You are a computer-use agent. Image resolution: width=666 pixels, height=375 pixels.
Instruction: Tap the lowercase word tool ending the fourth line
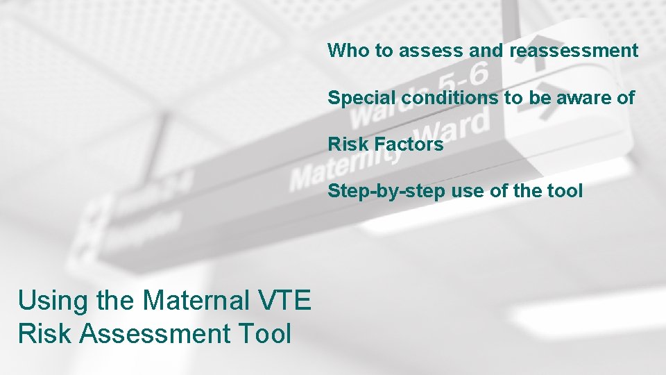tap(564, 191)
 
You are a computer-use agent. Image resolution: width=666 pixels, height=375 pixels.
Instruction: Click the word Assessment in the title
tap(155, 333)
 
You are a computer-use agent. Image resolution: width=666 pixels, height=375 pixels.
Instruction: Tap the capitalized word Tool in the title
tap(264, 333)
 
